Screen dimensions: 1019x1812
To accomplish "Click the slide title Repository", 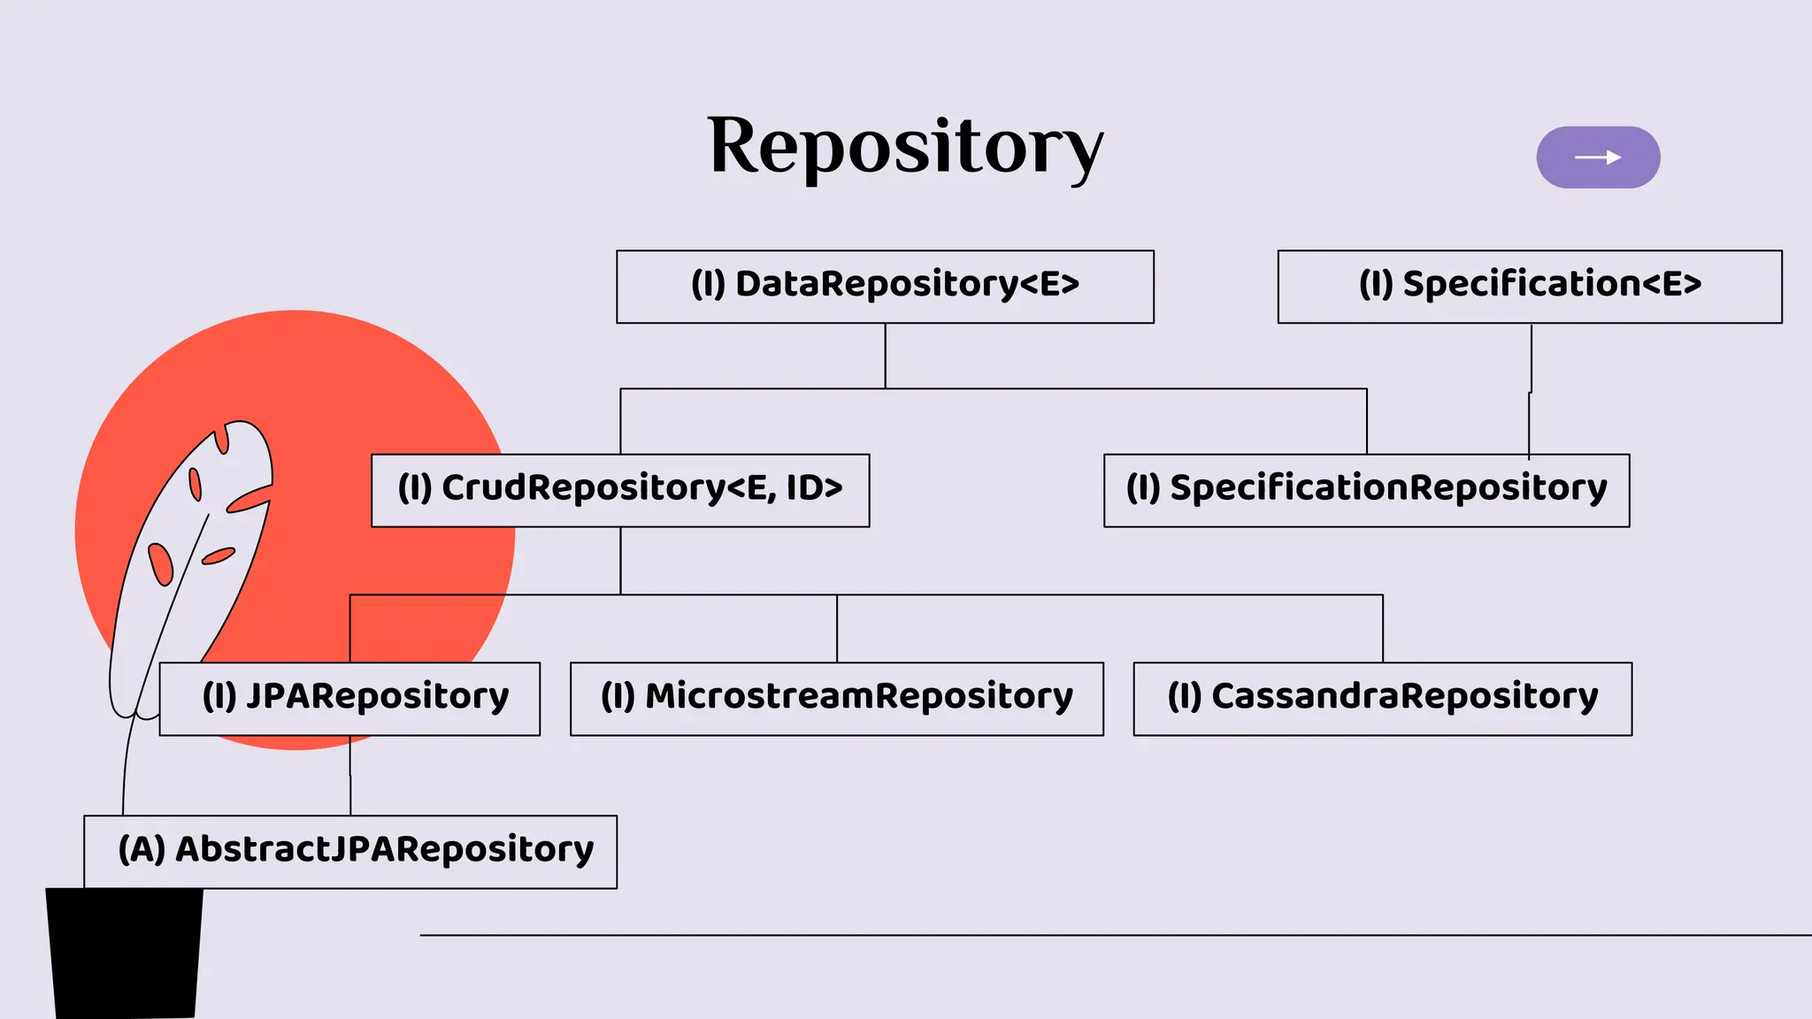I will [x=905, y=146].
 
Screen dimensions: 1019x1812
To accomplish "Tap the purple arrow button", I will [x=1598, y=157].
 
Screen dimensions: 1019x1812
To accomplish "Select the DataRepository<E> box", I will [x=885, y=287].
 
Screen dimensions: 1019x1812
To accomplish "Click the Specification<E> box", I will [x=1530, y=287].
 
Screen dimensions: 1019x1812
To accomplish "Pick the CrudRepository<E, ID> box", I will [x=620, y=491].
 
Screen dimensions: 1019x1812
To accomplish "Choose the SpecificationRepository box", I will [x=1366, y=491].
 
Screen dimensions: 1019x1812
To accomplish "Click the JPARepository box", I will [x=349, y=699].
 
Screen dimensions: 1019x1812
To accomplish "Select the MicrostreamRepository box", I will [x=836, y=699].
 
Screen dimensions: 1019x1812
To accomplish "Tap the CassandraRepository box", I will [x=1382, y=699].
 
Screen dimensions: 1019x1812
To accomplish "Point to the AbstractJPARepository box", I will [x=350, y=852].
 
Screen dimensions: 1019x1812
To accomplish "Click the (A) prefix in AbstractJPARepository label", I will [x=142, y=849].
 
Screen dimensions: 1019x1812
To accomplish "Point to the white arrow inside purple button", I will [x=1598, y=157].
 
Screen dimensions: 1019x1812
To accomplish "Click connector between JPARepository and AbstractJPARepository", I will [x=350, y=776].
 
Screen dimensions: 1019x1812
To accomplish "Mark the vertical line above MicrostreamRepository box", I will [x=837, y=628].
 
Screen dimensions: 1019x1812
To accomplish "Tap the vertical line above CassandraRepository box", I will [x=1383, y=628].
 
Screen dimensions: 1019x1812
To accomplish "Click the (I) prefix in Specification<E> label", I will [x=1376, y=285].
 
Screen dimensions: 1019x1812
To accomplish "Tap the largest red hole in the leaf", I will [x=160, y=563].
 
